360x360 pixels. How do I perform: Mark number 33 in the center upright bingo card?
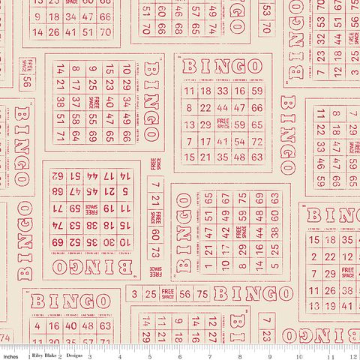pos(222,90)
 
